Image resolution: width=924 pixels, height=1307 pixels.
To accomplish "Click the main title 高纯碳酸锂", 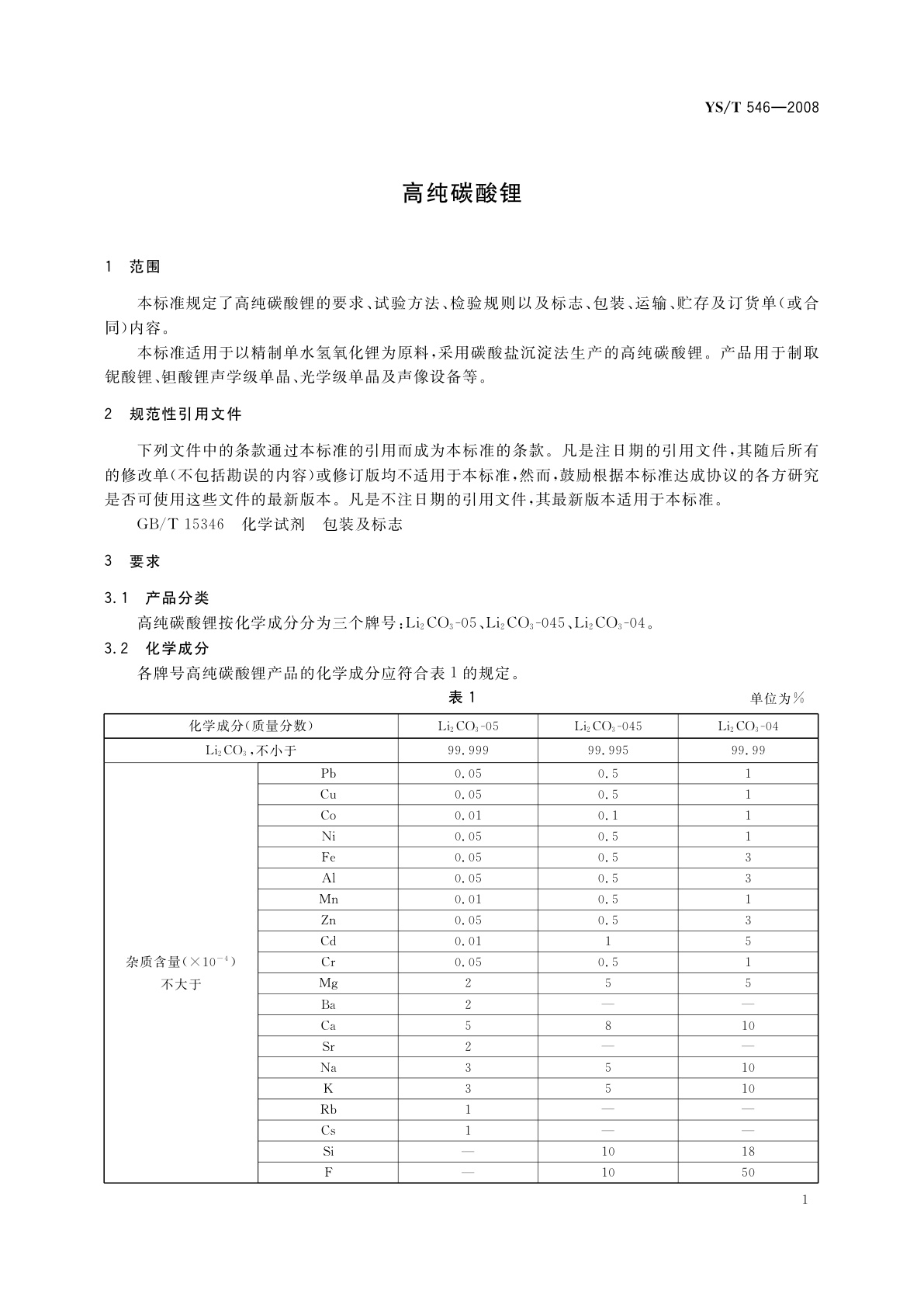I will (x=462, y=193).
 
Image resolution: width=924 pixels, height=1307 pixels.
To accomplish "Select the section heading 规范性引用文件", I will (x=185, y=414).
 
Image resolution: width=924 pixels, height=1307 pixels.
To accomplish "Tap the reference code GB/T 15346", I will (x=180, y=525).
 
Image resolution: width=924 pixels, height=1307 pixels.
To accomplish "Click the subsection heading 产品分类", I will (x=177, y=598).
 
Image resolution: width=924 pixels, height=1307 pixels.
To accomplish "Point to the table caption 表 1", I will (x=462, y=698).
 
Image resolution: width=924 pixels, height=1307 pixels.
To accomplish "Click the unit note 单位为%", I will (x=777, y=699).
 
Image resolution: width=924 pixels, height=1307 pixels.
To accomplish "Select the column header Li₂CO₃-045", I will (x=607, y=726).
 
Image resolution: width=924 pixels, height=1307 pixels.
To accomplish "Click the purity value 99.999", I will (x=468, y=751).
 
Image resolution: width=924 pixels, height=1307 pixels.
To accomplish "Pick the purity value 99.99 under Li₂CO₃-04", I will (x=748, y=751).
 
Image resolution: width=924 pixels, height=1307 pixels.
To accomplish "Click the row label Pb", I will (x=328, y=774).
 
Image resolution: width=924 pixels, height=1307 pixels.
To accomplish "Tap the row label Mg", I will (x=328, y=983).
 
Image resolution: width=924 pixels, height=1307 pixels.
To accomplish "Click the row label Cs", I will (x=328, y=1130).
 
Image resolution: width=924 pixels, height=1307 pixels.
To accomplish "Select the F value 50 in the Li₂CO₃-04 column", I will (x=748, y=1172).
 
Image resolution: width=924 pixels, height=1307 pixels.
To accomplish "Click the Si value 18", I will (x=748, y=1151).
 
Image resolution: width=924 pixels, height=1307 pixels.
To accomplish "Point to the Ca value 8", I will (x=607, y=1025).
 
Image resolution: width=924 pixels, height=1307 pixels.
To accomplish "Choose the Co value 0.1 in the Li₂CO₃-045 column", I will (x=607, y=816).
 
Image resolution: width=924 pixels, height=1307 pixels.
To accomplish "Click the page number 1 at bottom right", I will (x=805, y=1200).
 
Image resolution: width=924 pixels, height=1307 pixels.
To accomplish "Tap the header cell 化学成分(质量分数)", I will (x=251, y=726).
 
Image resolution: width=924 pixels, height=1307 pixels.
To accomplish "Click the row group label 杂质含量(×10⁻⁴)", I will (x=181, y=962).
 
